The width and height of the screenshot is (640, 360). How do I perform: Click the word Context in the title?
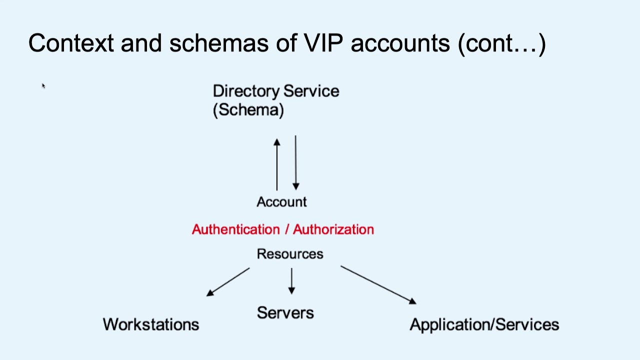71,43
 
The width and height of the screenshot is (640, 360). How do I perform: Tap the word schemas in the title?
219,43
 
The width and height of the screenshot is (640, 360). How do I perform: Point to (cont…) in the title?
501,43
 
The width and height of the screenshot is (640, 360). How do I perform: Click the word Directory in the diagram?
245,91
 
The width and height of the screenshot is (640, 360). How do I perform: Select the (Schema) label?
248,110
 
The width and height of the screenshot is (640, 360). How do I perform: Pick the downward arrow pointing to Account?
295,162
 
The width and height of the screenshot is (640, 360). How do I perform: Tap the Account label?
281,202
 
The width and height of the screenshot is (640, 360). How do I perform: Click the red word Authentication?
235,229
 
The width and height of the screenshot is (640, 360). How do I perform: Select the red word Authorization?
333,229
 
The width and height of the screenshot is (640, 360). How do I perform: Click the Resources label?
290,254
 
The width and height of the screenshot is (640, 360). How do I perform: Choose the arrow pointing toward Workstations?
228,282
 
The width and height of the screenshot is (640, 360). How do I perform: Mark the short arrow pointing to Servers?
291,281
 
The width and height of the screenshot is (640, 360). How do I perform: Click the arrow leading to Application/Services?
378,285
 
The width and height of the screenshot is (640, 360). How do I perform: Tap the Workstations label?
151,324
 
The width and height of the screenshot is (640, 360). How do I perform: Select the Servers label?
285,313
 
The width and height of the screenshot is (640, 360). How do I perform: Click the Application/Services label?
484,324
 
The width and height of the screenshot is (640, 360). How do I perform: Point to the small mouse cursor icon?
43,86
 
